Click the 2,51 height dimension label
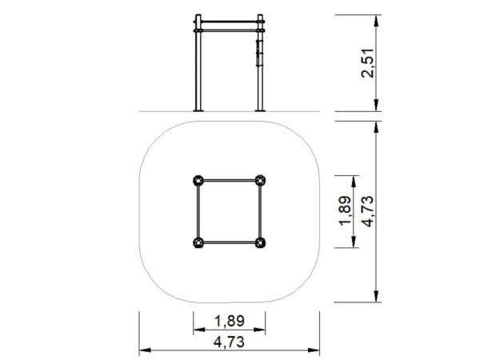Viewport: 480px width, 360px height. [368, 63]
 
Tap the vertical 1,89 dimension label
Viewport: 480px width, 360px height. [345, 211]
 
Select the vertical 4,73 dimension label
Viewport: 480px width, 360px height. [368, 211]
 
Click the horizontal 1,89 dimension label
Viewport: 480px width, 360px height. [230, 321]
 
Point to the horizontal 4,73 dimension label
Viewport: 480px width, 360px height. [230, 342]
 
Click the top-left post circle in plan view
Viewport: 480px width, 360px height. [198, 180]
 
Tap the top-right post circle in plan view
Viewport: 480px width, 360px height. [260, 180]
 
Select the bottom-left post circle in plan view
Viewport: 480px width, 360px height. [198, 242]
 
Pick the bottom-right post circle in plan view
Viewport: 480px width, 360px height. [260, 242]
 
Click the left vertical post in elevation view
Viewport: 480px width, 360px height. [198, 62]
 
